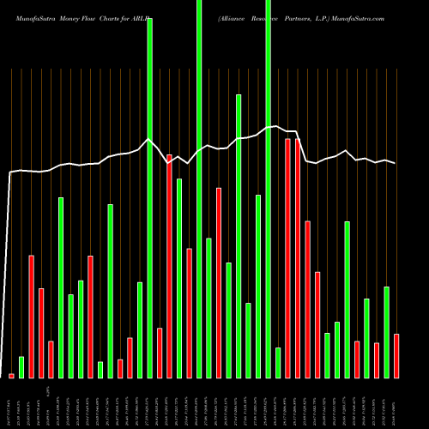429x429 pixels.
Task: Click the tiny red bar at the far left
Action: tap(11, 375)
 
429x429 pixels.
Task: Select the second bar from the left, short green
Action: tap(21, 366)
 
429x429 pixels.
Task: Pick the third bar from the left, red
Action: tap(31, 316)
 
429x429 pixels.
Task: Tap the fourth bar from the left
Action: tap(41, 332)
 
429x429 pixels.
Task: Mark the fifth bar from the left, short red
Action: tap(51, 359)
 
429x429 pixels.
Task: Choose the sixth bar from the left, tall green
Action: tap(61, 287)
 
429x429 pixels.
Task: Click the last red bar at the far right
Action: tap(396, 355)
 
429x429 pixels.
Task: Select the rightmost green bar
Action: tap(387, 331)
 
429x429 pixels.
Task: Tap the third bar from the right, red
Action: tap(377, 360)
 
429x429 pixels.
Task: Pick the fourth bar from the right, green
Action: tap(366, 337)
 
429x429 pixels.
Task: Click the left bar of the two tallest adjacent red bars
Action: tap(288, 257)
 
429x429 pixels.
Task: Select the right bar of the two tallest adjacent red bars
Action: tap(298, 257)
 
